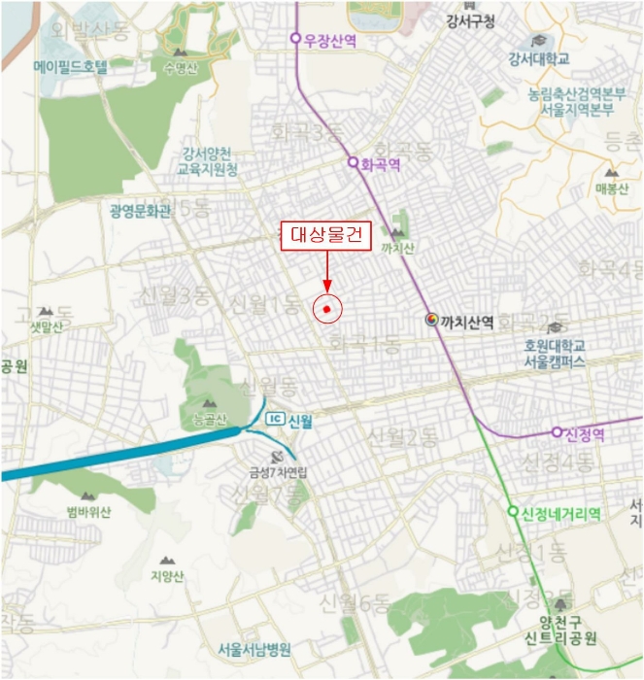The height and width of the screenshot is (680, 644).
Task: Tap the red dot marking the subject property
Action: click(x=327, y=309)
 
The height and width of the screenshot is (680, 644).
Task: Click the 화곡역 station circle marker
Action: click(x=354, y=163)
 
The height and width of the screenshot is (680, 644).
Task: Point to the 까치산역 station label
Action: click(x=468, y=320)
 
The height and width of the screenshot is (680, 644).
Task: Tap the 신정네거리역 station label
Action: click(x=560, y=512)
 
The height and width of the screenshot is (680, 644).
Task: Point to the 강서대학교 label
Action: click(x=538, y=59)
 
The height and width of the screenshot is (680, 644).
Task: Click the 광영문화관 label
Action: click(x=141, y=210)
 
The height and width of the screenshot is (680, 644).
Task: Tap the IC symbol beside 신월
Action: click(x=275, y=420)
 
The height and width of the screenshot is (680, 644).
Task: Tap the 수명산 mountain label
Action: click(x=180, y=67)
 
